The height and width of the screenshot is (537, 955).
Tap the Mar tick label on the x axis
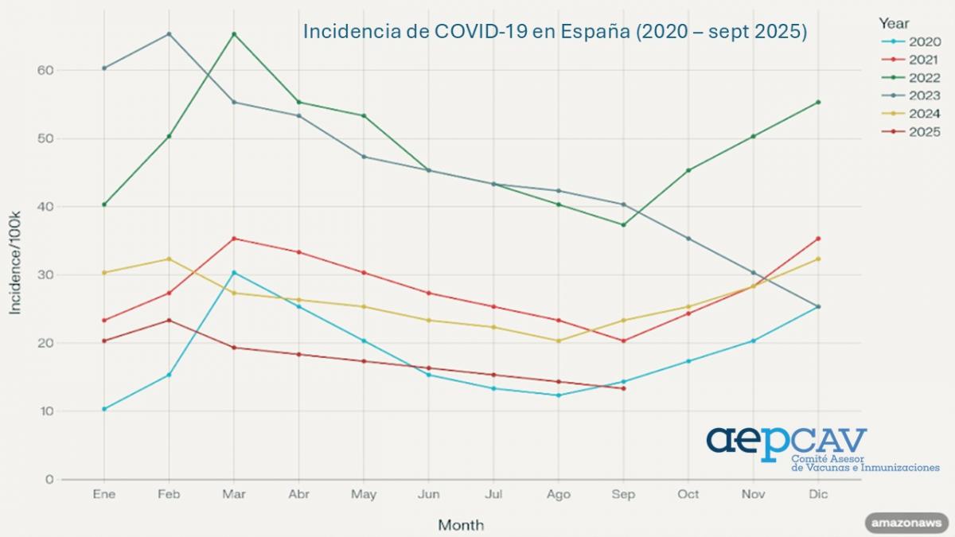(233, 494)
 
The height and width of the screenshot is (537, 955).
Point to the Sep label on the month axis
(623, 494)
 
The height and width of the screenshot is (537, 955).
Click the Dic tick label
(818, 494)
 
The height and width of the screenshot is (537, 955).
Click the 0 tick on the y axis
(49, 480)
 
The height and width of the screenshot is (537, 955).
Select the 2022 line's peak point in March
(234, 34)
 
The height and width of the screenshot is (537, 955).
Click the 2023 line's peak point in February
(169, 34)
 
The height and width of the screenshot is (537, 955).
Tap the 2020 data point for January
(104, 409)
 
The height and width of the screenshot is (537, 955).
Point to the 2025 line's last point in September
(623, 388)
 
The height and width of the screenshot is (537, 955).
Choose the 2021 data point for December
(818, 239)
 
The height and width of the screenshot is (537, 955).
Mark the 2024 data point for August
(559, 340)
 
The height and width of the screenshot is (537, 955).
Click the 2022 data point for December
(818, 102)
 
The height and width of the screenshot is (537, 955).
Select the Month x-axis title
(460, 525)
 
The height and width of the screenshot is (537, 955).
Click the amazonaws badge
(907, 523)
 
